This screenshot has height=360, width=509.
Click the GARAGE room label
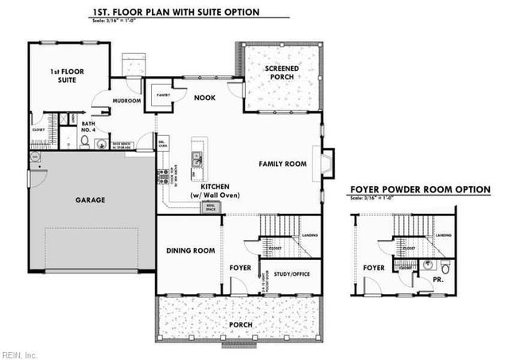point(90,199)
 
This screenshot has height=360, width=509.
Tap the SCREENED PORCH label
point(282,74)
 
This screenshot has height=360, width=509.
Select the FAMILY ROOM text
point(282,164)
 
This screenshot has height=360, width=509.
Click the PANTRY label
point(163,95)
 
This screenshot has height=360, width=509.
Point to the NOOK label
point(204,99)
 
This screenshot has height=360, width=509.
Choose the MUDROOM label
point(127,101)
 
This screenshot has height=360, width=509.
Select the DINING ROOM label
point(190,250)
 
